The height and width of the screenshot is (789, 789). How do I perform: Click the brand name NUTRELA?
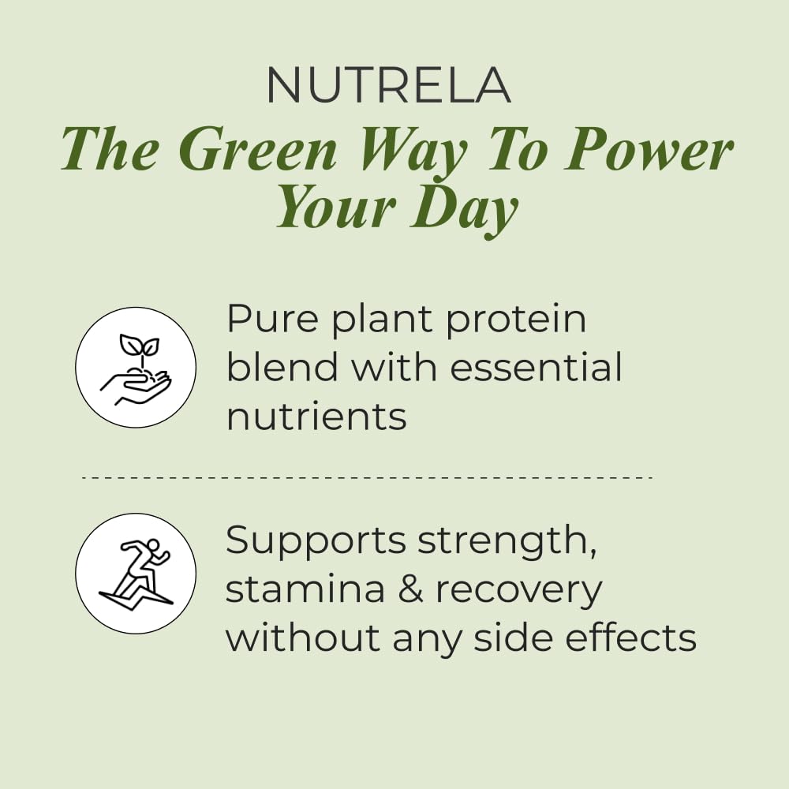click(x=388, y=84)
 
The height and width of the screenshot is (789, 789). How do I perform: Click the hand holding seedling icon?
click(x=136, y=368)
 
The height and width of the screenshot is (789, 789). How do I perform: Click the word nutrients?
click(x=316, y=416)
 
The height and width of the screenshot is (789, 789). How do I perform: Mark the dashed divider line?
click(x=367, y=477)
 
